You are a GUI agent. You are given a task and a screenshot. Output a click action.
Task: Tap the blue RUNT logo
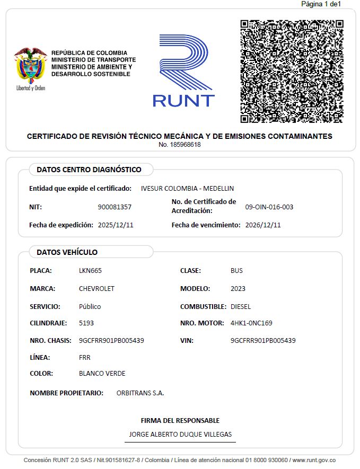[x=183, y=71]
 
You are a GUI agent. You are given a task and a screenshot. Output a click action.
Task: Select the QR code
[x=292, y=72]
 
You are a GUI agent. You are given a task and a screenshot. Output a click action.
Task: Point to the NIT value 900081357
[x=115, y=207]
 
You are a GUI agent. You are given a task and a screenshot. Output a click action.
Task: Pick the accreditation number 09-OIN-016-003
[x=269, y=207]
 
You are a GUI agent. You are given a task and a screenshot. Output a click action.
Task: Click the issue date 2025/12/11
[x=116, y=225]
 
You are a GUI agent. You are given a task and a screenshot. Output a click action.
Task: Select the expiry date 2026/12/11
[x=263, y=225]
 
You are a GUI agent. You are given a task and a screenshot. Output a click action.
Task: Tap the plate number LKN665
[x=90, y=270]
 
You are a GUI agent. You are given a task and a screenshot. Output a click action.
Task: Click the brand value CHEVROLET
[x=96, y=289]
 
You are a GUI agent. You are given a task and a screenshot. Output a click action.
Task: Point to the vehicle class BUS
[x=236, y=270]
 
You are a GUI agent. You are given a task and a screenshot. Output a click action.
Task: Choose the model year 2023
[x=238, y=289]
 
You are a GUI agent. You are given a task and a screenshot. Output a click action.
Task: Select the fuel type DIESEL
[x=241, y=306]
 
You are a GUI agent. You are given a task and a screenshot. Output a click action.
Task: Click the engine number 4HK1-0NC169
[x=251, y=323]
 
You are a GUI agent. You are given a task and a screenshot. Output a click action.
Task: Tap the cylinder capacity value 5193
[x=86, y=323]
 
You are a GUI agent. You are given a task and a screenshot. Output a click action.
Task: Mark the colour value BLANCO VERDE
[x=102, y=373]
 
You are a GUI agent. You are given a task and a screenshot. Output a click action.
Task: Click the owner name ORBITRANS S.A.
[x=140, y=393]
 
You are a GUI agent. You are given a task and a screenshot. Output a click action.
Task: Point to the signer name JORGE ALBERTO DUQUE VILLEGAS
[x=180, y=435]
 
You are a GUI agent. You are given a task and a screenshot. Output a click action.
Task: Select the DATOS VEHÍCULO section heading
[x=67, y=252]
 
